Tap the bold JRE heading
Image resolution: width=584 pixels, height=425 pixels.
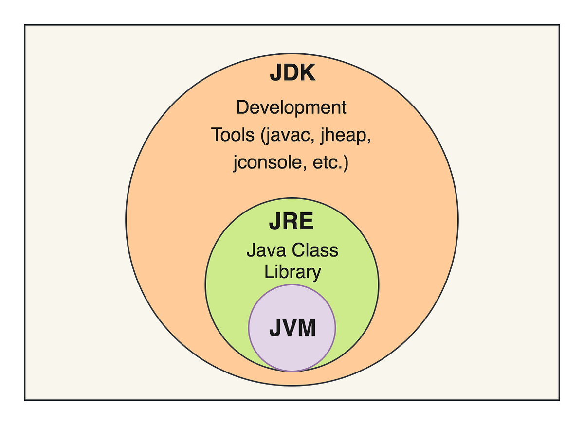point(291,222)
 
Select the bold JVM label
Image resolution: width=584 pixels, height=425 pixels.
point(292,329)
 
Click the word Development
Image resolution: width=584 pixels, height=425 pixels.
point(291,107)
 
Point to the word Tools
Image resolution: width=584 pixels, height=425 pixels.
point(233,135)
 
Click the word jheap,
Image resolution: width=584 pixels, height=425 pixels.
point(346,136)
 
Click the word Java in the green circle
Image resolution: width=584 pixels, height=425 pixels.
point(266,250)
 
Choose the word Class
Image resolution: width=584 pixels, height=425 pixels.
point(315,250)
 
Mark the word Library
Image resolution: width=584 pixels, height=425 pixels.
point(292,272)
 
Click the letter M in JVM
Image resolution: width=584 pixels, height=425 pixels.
point(307,329)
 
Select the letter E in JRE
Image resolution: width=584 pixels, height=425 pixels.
point(307,222)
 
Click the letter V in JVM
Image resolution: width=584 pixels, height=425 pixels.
point(290,329)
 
